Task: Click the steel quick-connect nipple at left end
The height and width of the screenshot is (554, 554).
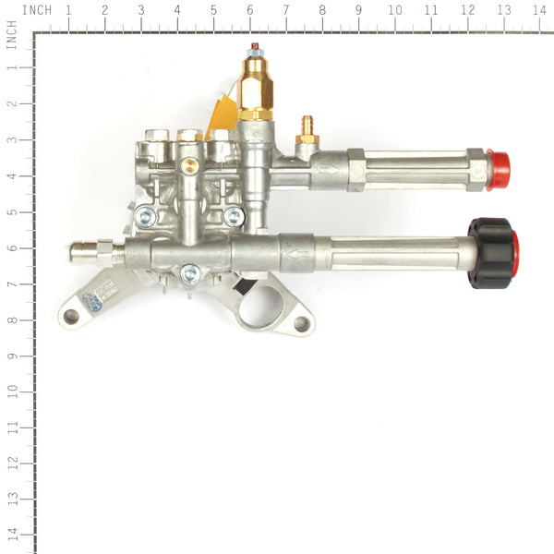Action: tap(85, 250)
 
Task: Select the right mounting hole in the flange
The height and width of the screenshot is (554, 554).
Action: tap(300, 324)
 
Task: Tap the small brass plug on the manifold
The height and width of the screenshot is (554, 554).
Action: tap(188, 165)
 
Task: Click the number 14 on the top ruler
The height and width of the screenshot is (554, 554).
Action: tap(538, 10)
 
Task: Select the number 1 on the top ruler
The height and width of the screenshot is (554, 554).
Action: tap(67, 10)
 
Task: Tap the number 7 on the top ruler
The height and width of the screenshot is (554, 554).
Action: tap(285, 10)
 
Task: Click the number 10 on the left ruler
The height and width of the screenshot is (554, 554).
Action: tap(12, 391)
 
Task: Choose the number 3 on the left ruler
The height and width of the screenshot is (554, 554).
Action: tap(12, 139)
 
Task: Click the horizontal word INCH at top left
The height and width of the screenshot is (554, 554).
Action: tap(36, 10)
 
